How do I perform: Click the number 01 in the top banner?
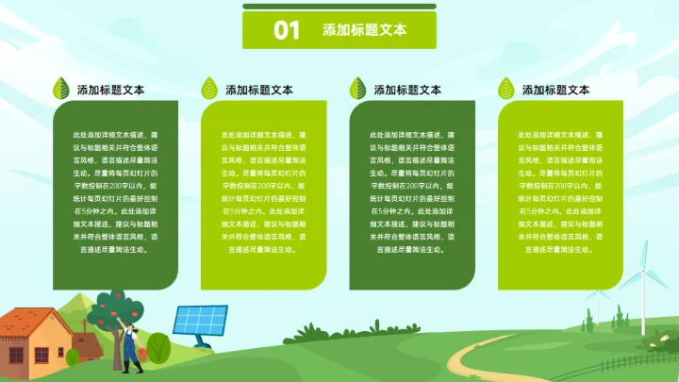point(287,30)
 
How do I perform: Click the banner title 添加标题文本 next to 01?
point(364,30)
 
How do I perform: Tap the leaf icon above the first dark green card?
point(61,89)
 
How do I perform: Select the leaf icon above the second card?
point(209,89)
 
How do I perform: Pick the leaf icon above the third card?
point(358,89)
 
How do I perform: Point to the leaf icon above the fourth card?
point(506,89)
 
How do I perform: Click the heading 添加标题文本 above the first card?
point(110,90)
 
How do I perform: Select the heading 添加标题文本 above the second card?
point(259,90)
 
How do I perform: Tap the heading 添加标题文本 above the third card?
point(407,90)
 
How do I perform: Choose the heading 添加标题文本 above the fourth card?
point(556,90)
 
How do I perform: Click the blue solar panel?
point(200,321)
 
